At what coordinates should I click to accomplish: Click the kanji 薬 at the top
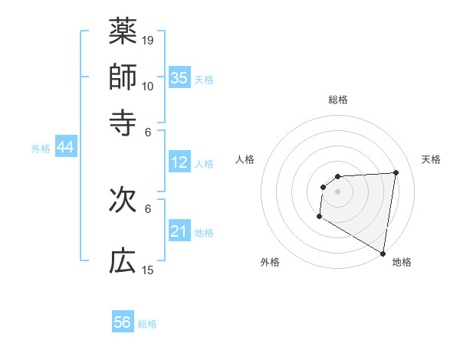(x=123, y=31)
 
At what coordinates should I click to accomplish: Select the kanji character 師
(x=123, y=77)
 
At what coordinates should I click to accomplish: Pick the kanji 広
(x=123, y=262)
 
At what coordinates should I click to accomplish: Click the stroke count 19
(x=148, y=40)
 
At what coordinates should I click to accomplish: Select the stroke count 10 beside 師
(x=148, y=86)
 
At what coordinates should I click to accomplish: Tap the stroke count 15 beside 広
(x=148, y=270)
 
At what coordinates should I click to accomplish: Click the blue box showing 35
(x=179, y=77)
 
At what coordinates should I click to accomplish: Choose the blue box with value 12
(x=179, y=162)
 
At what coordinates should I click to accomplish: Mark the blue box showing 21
(x=179, y=231)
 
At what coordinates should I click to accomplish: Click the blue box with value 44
(x=65, y=148)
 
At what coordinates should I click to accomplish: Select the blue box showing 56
(x=123, y=322)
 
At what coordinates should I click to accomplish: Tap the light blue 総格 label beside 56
(x=147, y=324)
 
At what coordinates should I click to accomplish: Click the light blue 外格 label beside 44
(x=41, y=149)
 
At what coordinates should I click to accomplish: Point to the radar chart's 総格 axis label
(x=337, y=100)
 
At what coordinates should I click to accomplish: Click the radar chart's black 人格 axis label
(x=245, y=159)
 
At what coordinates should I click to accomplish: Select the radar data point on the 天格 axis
(x=396, y=172)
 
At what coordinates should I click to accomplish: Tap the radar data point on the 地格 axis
(x=383, y=253)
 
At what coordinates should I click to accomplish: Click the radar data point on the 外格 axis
(x=319, y=217)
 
